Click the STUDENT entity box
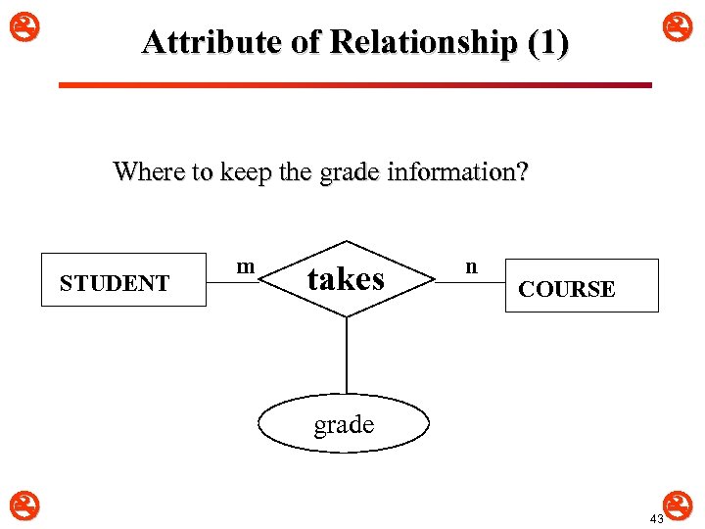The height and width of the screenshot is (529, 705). tap(123, 280)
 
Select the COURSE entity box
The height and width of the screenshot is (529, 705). tap(582, 286)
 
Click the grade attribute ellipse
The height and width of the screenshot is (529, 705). tap(344, 424)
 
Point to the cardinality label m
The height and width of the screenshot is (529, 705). tap(246, 266)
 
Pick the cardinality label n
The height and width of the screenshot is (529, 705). tap(471, 266)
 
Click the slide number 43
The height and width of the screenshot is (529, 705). tap(656, 518)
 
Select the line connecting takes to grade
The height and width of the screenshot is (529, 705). tap(347, 355)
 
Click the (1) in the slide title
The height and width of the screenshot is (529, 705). tap(546, 42)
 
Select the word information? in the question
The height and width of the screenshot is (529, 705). tap(458, 172)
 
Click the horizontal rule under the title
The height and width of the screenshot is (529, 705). tap(354, 85)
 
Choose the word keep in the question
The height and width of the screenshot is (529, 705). tap(247, 173)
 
